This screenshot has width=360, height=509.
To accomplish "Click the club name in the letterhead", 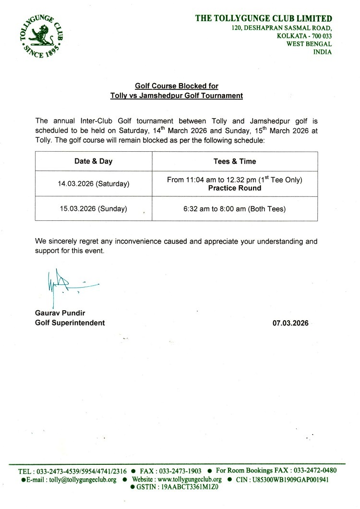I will click(263, 19).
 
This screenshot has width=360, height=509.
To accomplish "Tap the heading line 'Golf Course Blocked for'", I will click(176, 86).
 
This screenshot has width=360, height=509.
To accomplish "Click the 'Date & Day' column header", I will click(93, 161).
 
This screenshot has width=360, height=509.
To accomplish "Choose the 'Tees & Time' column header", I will click(234, 161).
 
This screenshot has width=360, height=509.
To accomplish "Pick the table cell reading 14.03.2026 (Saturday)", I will click(93, 184).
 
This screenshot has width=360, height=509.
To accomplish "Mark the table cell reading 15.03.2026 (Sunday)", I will click(93, 208).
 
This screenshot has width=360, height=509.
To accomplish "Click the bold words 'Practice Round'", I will click(234, 188).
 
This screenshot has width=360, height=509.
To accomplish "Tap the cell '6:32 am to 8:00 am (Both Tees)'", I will click(234, 208).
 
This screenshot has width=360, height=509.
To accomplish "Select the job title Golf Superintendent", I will click(70, 323).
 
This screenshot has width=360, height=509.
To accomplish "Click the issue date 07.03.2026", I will click(290, 323).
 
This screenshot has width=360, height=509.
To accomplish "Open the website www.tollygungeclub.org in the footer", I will click(189, 479).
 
